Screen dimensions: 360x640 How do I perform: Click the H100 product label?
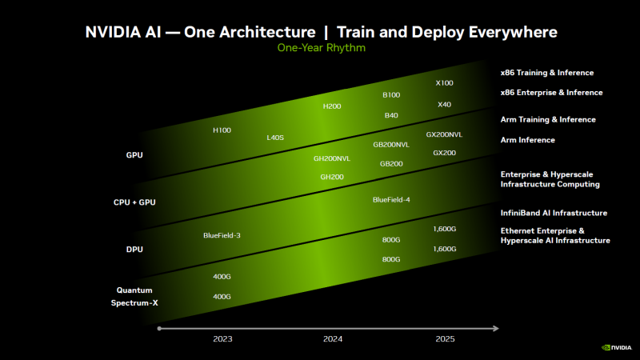tap(222, 130)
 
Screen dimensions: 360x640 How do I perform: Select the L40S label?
tap(275, 138)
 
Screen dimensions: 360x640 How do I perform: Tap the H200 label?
tap(332, 106)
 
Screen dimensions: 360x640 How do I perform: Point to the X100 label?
tap(444, 83)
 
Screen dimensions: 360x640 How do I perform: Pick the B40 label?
tap(391, 115)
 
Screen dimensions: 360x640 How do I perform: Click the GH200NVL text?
tap(332, 158)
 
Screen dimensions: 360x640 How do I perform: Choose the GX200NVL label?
tap(444, 134)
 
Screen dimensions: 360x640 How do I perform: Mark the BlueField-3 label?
tap(222, 235)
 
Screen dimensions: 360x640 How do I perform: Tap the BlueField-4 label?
tap(391, 199)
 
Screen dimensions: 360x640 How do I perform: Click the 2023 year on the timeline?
tap(222, 339)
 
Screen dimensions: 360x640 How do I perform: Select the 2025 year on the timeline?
tap(445, 339)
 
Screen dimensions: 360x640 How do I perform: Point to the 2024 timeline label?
tap(333, 339)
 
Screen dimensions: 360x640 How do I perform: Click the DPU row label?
tap(134, 250)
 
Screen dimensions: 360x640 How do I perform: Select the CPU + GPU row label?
tap(134, 202)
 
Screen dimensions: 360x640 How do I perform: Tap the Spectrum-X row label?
tap(134, 303)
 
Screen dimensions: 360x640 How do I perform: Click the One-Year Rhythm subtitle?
tap(321, 48)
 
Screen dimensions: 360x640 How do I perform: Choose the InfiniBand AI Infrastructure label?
tap(554, 213)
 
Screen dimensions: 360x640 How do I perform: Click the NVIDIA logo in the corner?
tap(617, 348)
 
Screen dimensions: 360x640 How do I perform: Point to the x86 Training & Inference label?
tap(547, 73)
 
